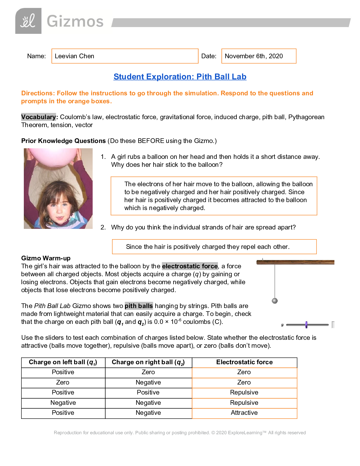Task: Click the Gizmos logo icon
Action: [28, 21]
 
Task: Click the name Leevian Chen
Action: [74, 56]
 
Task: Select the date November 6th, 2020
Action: [254, 56]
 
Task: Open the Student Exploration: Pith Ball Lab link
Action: [180, 77]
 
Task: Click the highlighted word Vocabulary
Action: [39, 117]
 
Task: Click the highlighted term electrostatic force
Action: [190, 266]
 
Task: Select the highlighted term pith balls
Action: [139, 306]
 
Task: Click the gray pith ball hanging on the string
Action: [275, 301]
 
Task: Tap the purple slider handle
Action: [306, 325]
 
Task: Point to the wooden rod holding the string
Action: [295, 262]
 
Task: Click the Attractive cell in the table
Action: [244, 413]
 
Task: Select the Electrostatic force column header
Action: [244, 362]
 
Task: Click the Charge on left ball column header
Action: [63, 362]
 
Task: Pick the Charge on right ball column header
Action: [148, 362]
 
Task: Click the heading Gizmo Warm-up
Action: [46, 258]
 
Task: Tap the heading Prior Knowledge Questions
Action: [64, 141]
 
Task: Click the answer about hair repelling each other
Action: [208, 247]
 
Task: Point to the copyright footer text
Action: [180, 433]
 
